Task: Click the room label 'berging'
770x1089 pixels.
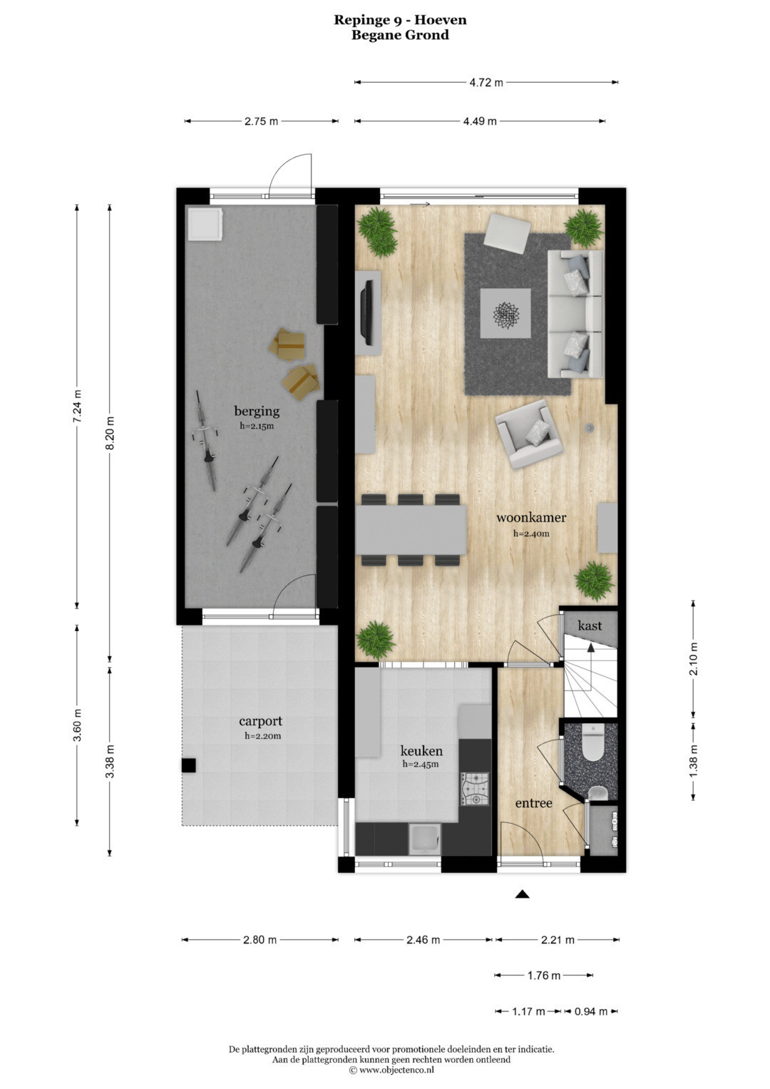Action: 257,411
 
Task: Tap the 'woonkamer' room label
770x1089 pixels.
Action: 531,517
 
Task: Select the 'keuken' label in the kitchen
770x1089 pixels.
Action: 421,751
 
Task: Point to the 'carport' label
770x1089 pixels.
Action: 260,721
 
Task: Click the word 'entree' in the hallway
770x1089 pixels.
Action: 533,802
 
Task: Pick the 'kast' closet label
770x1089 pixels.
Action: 589,625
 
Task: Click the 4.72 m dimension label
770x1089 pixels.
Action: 486,83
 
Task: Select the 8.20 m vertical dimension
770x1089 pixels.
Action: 110,433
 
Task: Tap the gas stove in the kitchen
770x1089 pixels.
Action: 474,789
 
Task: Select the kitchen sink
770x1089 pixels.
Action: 424,839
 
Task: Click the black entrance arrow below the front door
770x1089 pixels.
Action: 522,894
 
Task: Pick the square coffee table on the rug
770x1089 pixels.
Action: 505,313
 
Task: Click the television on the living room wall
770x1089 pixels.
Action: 367,312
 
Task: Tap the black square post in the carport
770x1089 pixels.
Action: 189,765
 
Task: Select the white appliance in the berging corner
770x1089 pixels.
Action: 205,223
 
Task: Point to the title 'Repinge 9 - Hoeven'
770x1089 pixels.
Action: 400,20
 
